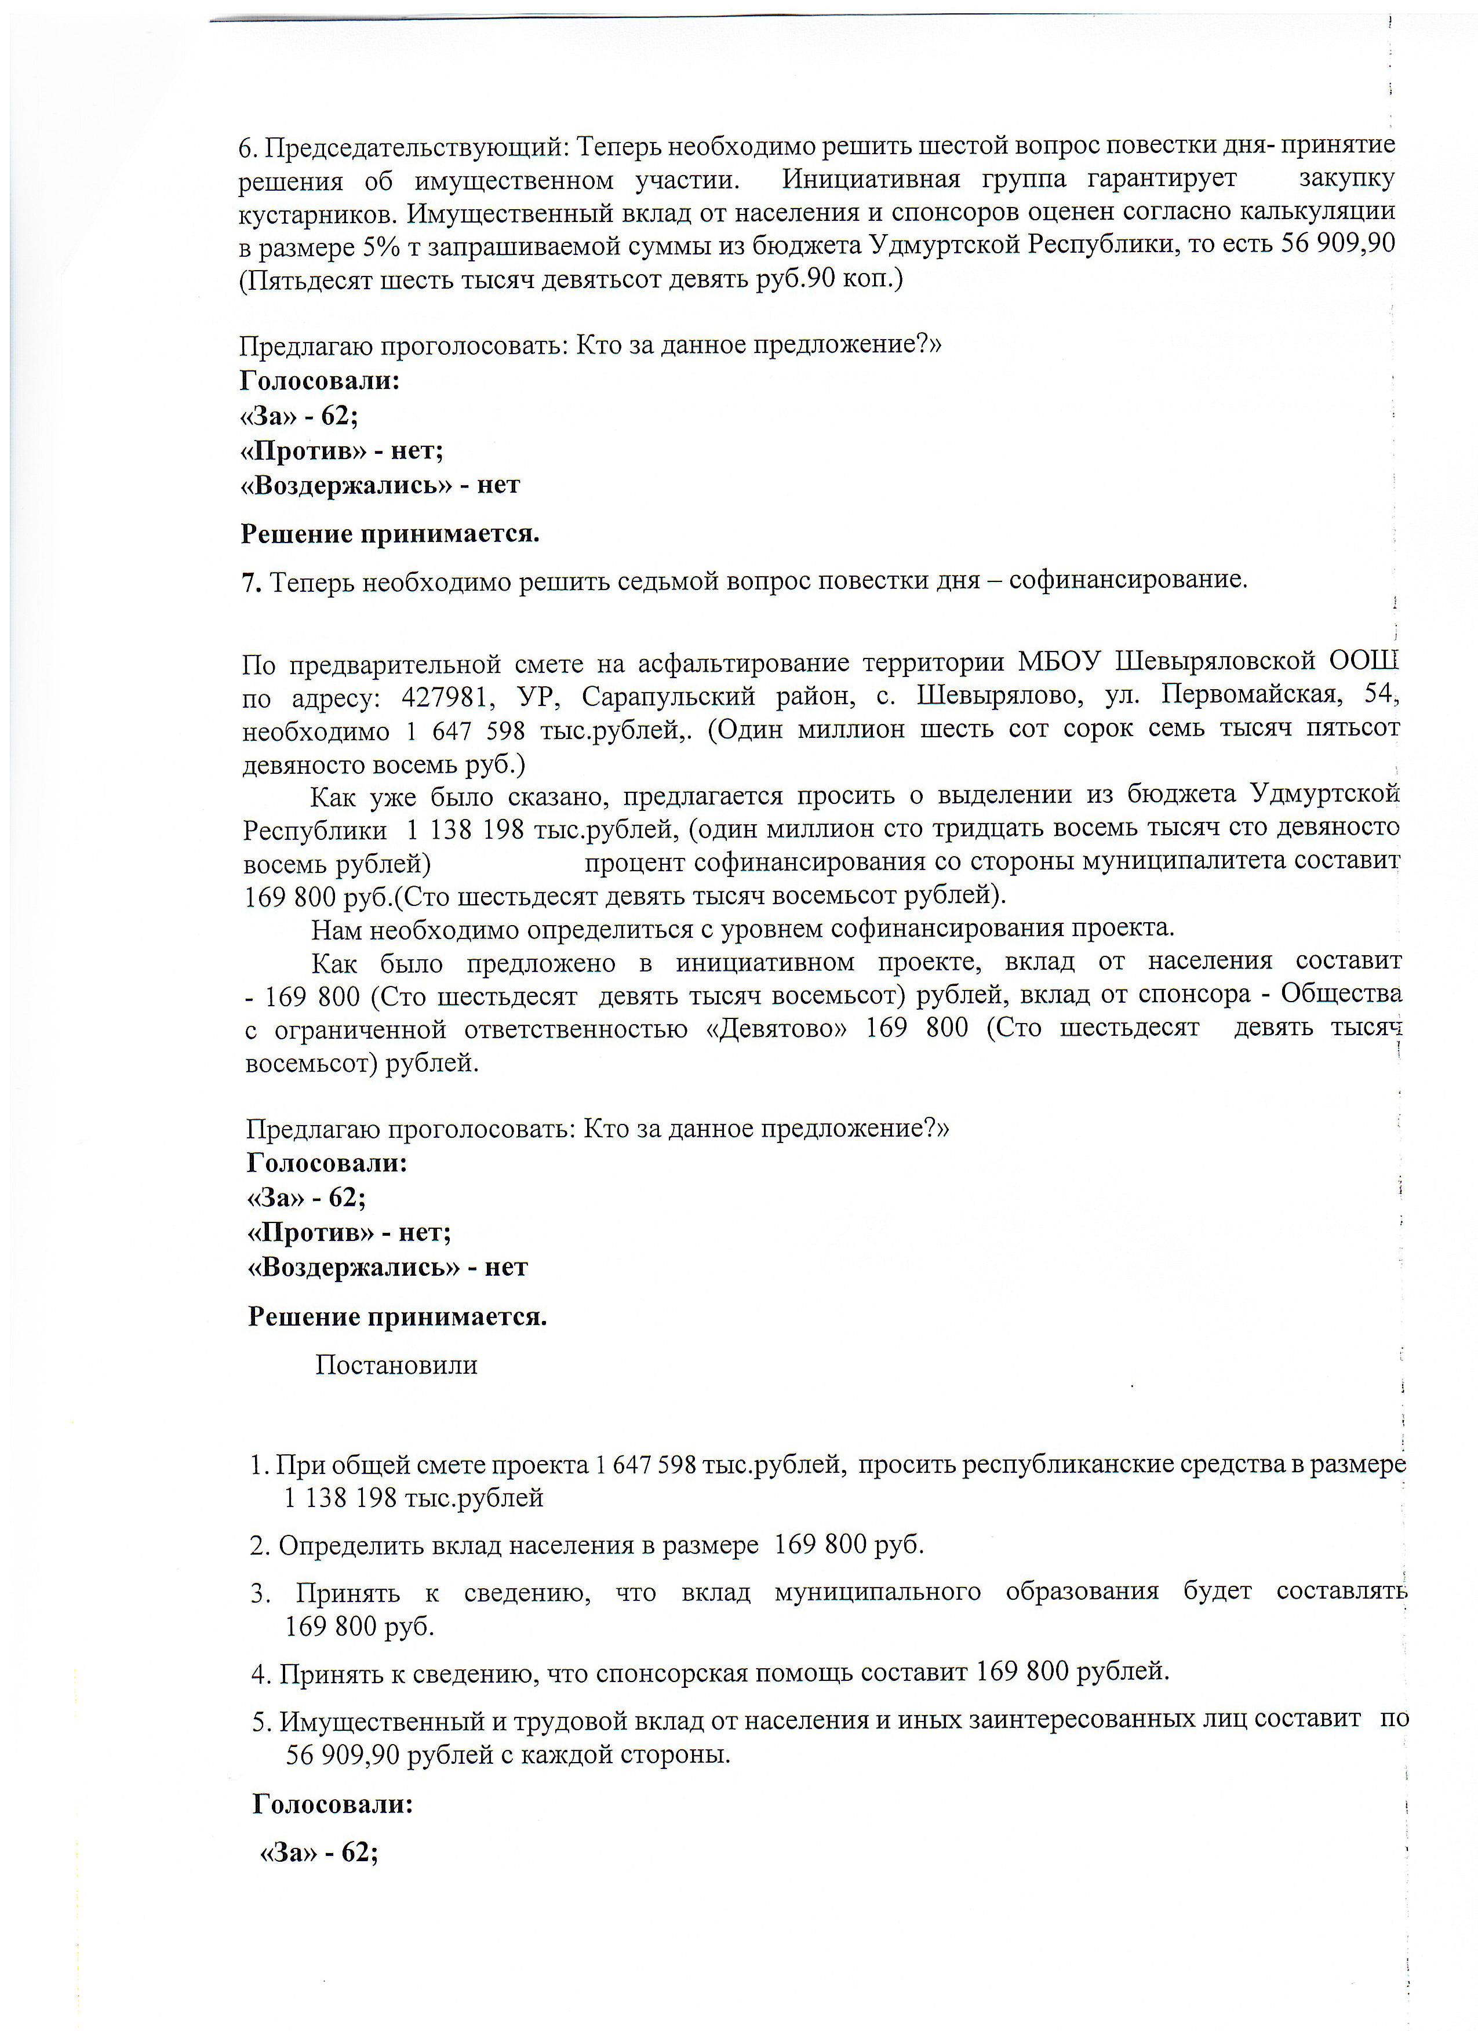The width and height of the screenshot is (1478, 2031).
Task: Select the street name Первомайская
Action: click(x=1251, y=694)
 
